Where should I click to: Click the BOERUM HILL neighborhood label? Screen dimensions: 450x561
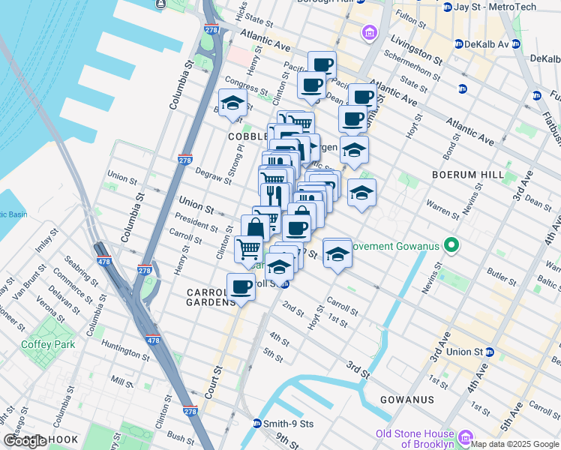coord(467,174)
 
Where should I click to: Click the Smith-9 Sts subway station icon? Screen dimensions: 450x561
coord(256,424)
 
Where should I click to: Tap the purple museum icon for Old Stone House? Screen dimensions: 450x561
coord(465,437)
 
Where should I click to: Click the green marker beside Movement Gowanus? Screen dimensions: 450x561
coord(451,245)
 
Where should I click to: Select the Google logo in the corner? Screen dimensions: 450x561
coord(25,441)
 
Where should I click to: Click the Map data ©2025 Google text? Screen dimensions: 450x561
coord(514,443)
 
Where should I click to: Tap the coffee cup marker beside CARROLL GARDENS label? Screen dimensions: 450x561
coord(241,286)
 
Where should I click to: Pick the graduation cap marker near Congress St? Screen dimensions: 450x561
coord(232,103)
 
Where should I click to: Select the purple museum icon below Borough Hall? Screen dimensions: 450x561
coord(369,32)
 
